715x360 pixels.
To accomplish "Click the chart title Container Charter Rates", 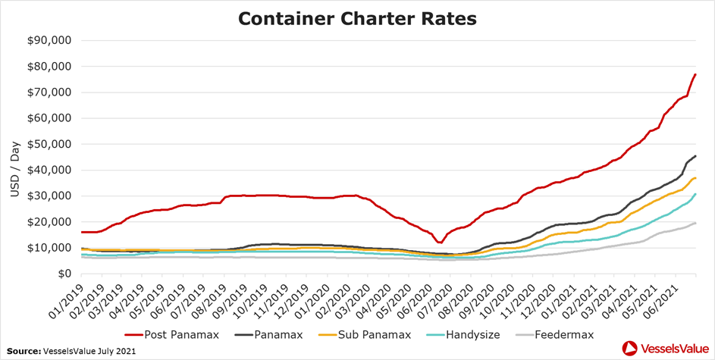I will click(x=357, y=18).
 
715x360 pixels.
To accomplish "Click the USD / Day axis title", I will click(x=15, y=157).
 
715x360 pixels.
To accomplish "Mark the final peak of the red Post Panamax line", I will click(x=696, y=74).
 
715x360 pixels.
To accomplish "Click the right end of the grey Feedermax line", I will click(x=696, y=223).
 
